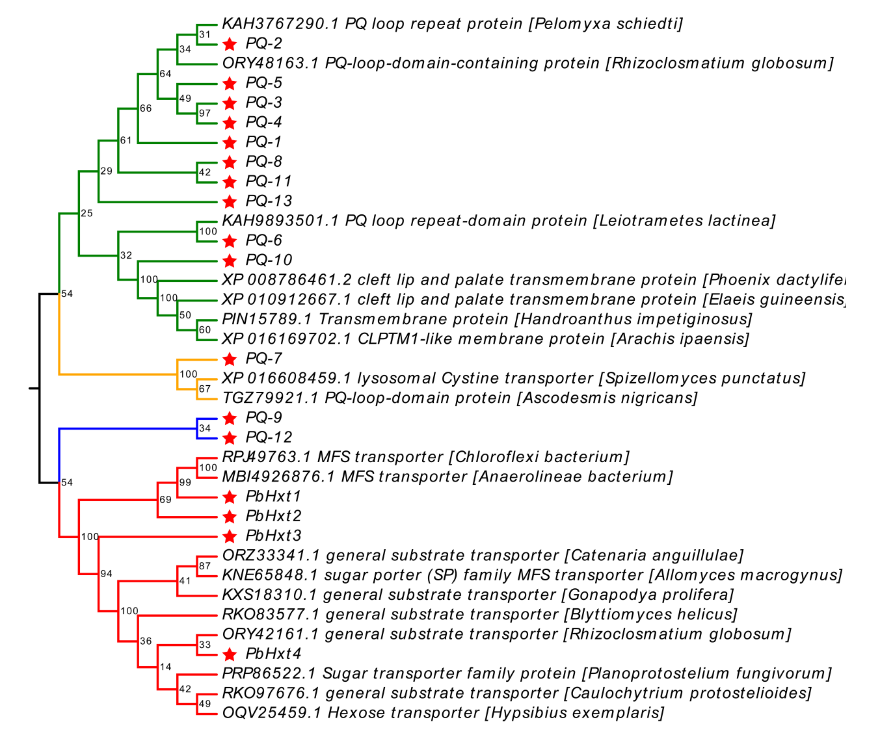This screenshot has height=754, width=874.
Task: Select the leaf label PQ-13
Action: point(269,201)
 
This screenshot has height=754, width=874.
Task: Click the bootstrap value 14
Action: point(165,667)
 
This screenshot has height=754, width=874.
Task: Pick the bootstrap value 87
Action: point(205,566)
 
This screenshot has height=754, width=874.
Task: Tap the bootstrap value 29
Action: point(106,171)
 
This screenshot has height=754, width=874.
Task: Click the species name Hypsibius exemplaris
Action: point(574,713)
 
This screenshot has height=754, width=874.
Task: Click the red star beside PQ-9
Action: point(230,418)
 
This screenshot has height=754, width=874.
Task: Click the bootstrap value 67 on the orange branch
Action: point(205,389)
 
